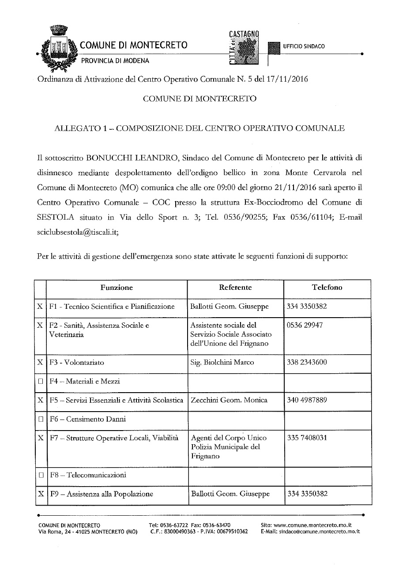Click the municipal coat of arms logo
pyautogui.click(x=56, y=48)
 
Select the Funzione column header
pyautogui.click(x=117, y=288)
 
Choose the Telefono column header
pyautogui.click(x=327, y=288)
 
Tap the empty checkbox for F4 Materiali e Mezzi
pyautogui.click(x=40, y=382)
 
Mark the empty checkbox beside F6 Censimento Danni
pyautogui.click(x=40, y=420)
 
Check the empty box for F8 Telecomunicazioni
pyautogui.click(x=40, y=476)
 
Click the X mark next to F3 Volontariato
pyautogui.click(x=40, y=362)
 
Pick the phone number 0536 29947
pyautogui.click(x=305, y=325)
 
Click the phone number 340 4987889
pyautogui.click(x=307, y=400)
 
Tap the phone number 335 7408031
pyautogui.click(x=307, y=438)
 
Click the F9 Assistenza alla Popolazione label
pyautogui.click(x=102, y=494)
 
